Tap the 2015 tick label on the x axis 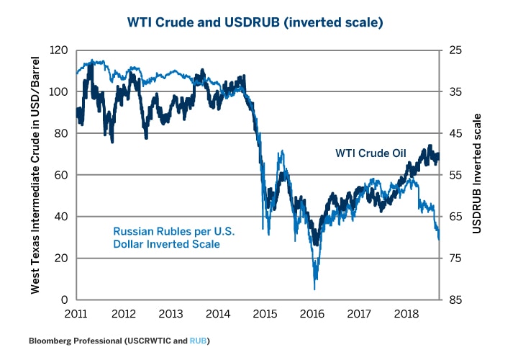[x=265, y=315]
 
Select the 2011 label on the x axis [x=77, y=315]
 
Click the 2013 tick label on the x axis [x=171, y=315]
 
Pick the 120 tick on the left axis [x=60, y=51]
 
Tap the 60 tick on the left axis [x=63, y=176]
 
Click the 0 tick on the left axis [x=66, y=300]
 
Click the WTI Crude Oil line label [x=371, y=153]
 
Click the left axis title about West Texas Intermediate [x=35, y=175]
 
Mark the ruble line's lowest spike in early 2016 [x=314, y=289]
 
